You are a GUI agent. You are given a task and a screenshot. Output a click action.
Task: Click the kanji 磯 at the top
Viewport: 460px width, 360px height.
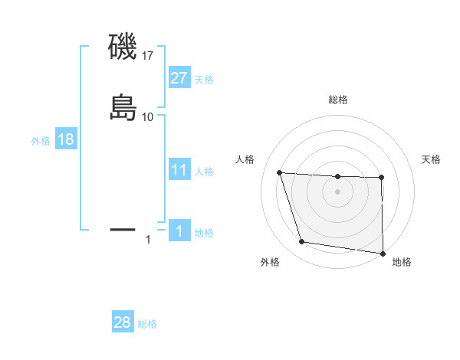coord(123,48)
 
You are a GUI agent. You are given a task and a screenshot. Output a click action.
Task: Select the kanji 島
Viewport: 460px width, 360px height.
coord(123,108)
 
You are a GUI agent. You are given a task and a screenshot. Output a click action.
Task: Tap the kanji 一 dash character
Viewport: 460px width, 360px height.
coord(123,228)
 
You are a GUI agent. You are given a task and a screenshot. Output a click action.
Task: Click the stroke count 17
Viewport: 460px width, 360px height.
coord(148,56)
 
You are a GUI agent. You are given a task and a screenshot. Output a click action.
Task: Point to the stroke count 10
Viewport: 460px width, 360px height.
coord(148,116)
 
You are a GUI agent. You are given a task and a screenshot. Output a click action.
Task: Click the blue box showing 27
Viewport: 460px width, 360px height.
coord(179,78)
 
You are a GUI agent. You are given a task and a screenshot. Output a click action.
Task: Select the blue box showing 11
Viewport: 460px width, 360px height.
coord(179,170)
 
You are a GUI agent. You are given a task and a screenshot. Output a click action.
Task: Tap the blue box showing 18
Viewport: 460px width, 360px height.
coord(66,140)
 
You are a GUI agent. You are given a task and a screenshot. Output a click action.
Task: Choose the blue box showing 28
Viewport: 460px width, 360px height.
coord(123,322)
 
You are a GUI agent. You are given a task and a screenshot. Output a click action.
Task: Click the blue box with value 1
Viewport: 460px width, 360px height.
coord(179,231)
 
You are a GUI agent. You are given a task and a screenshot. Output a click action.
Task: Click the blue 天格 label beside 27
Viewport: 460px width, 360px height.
coord(204,80)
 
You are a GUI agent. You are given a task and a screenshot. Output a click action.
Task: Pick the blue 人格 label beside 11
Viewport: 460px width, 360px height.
coord(204,171)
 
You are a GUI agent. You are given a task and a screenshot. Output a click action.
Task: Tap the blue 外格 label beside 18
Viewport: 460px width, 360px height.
coord(41,141)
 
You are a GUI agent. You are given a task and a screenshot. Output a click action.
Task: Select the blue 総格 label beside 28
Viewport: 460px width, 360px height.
coord(148,324)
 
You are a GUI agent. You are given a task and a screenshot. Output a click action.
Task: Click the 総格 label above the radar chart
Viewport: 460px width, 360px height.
coord(338,100)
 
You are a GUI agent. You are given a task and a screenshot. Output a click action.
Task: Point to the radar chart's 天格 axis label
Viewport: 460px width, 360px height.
coord(431,159)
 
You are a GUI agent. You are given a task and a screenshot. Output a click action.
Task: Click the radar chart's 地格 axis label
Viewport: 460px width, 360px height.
coord(402,262)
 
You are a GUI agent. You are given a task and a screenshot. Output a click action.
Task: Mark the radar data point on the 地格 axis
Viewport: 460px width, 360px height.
coord(383,253)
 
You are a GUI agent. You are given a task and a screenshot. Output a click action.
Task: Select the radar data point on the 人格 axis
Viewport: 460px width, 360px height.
coord(280,173)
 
